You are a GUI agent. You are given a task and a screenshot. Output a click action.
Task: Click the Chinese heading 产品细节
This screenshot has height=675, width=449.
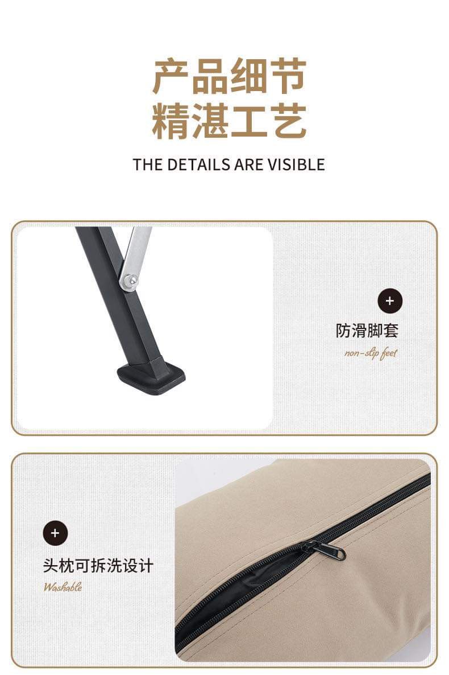[x=229, y=77]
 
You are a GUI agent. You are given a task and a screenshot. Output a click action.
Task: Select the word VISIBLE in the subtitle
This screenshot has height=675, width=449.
[x=296, y=164]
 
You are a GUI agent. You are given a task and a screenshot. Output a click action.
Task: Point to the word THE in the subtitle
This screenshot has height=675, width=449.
[x=148, y=164]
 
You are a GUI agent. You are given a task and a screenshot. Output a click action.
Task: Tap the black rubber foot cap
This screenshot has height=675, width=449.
[x=151, y=377]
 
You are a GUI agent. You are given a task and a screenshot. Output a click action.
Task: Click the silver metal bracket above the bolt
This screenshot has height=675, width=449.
[x=136, y=252]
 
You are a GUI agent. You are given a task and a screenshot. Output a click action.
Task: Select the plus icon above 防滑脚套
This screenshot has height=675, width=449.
[x=390, y=301]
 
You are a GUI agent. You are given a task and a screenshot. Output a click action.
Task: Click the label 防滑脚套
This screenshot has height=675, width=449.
[x=367, y=331]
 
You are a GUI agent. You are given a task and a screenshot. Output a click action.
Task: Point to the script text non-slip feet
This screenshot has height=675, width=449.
[x=371, y=353]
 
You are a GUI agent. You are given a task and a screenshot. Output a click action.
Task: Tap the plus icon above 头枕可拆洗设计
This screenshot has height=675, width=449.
[x=56, y=533]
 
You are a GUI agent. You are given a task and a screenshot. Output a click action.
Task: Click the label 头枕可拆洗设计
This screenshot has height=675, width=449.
[x=98, y=566]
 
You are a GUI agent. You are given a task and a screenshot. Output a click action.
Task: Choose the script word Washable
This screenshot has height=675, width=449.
[x=63, y=587]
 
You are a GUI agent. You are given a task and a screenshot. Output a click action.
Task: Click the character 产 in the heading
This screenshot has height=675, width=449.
[x=171, y=77]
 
